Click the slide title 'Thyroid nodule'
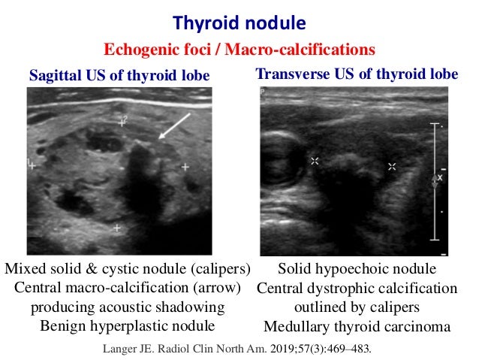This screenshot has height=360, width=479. pos(239,22)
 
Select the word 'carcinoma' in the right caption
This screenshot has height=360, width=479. pos(420,326)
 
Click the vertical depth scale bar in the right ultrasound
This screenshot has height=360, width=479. pos(436,180)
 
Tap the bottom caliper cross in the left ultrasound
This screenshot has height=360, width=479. pos(116,227)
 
